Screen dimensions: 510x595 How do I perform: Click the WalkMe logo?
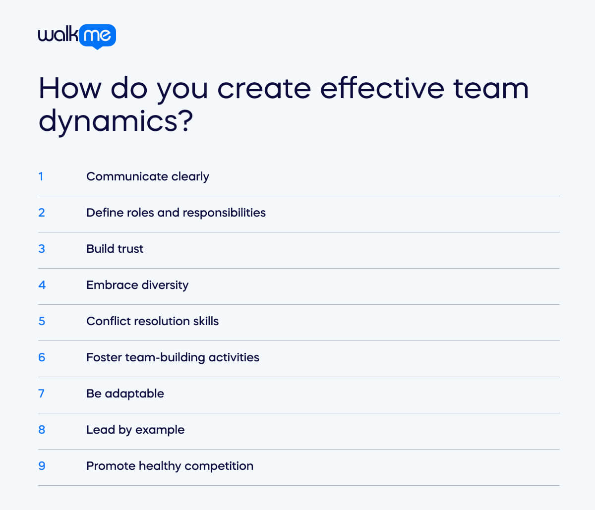77,36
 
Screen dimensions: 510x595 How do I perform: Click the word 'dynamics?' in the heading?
116,120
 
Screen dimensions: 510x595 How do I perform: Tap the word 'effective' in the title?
382,88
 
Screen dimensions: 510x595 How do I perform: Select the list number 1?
41,176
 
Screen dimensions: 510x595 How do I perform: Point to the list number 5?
42,321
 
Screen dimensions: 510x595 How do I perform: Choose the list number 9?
42,466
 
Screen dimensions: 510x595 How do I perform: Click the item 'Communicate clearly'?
147,176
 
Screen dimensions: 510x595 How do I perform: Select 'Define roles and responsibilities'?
176,213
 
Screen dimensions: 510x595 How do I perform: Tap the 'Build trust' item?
115,249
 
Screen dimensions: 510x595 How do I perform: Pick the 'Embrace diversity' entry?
137,285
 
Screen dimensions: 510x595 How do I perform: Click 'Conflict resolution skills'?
152,321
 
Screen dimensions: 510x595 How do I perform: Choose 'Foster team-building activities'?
173,357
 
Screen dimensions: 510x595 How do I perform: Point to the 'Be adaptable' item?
125,394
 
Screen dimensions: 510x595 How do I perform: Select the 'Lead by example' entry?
135,430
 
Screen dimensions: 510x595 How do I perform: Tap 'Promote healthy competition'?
170,466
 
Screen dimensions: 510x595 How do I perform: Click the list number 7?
41,394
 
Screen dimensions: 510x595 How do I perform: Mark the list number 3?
42,249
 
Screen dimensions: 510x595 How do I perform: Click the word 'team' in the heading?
490,88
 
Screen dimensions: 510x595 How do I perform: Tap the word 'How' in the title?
70,88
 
